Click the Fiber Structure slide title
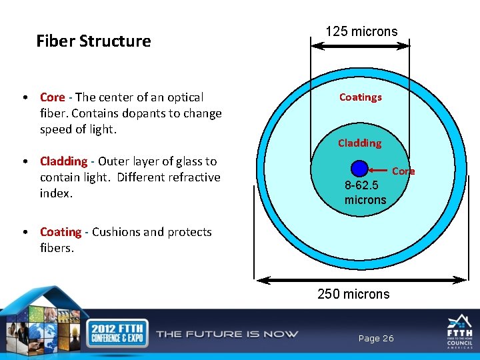[x=93, y=41]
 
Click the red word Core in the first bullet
[x=52, y=97]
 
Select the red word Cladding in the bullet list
[x=63, y=161]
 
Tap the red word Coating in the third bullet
[x=61, y=232]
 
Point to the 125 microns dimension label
[x=361, y=31]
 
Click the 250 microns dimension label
[x=353, y=294]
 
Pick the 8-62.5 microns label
[x=365, y=193]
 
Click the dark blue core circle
[x=359, y=169]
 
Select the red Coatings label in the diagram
[x=360, y=97]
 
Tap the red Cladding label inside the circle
[x=359, y=143]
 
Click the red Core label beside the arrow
[x=403, y=171]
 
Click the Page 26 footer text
[x=376, y=339]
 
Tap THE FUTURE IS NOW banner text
[x=227, y=334]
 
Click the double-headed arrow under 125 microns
[x=361, y=46]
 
